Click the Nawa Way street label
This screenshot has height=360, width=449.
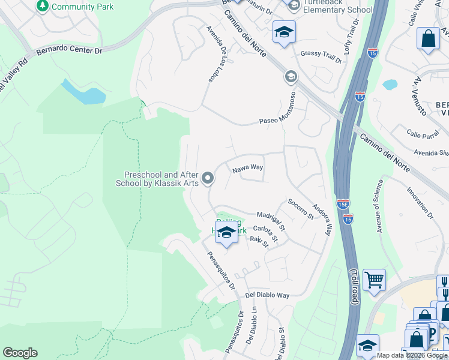(248, 169)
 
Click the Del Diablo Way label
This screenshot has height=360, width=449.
(268, 295)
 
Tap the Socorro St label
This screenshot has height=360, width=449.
(301, 208)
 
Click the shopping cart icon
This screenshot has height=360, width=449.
(374, 279)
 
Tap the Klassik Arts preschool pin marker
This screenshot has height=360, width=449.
(208, 178)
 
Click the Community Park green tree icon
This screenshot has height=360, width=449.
(42, 6)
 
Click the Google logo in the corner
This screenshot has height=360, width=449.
(20, 353)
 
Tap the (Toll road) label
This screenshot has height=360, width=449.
(354, 288)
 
